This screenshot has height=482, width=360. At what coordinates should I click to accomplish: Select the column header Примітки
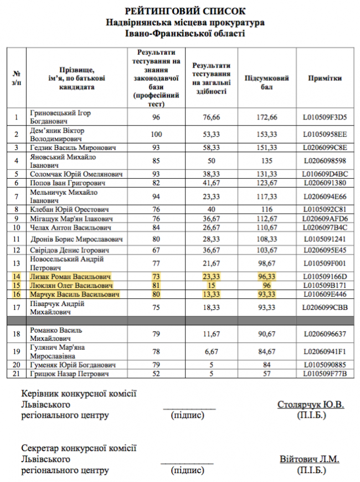(x=325, y=79)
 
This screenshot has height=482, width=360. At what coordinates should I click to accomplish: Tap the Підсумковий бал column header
(x=267, y=79)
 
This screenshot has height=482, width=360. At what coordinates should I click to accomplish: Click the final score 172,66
(x=267, y=117)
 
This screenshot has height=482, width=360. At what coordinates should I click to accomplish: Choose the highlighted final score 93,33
(x=267, y=294)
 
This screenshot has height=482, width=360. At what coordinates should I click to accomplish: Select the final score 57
(x=267, y=374)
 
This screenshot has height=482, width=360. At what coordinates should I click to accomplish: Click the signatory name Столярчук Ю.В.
(x=310, y=405)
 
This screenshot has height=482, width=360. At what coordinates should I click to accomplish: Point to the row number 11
(x=17, y=239)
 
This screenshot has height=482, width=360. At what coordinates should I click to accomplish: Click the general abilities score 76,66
(x=212, y=117)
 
